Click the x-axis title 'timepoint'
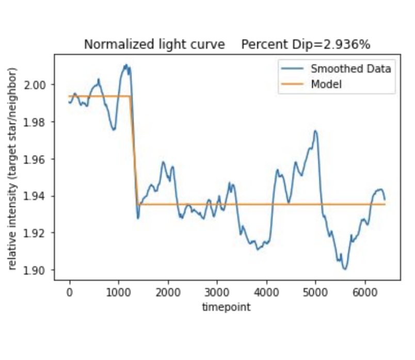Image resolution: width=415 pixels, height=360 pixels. [x=227, y=307]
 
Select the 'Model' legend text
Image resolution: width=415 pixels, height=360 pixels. [x=326, y=84]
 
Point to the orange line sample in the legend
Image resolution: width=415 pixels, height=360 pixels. [x=292, y=84]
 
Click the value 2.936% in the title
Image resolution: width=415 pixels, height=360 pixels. [x=347, y=45]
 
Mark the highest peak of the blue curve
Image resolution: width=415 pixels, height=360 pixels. [x=125, y=65]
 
